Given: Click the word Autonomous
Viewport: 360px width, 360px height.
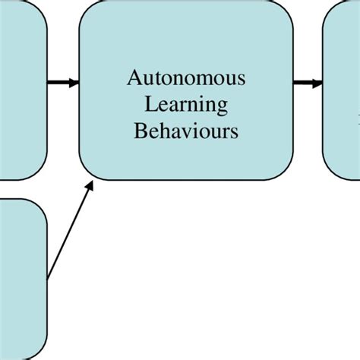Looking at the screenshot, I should (x=186, y=78).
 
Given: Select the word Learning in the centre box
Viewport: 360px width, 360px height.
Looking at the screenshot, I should (x=186, y=105).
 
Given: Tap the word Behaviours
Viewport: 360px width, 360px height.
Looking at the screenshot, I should (x=186, y=131).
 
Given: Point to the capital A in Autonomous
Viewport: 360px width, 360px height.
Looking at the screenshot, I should (x=134, y=78).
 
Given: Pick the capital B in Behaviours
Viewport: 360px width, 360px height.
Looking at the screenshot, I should (x=140, y=131).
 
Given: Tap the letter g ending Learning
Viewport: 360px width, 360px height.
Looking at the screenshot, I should (x=222, y=107).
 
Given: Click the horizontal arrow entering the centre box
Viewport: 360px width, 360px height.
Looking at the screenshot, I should (x=61, y=83).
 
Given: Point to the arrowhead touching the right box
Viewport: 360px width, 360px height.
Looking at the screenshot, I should (x=317, y=83).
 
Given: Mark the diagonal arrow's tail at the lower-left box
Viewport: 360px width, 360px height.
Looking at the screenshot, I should (x=49, y=278).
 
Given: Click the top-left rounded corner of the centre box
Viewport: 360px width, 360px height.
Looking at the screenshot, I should (x=85, y=8).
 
